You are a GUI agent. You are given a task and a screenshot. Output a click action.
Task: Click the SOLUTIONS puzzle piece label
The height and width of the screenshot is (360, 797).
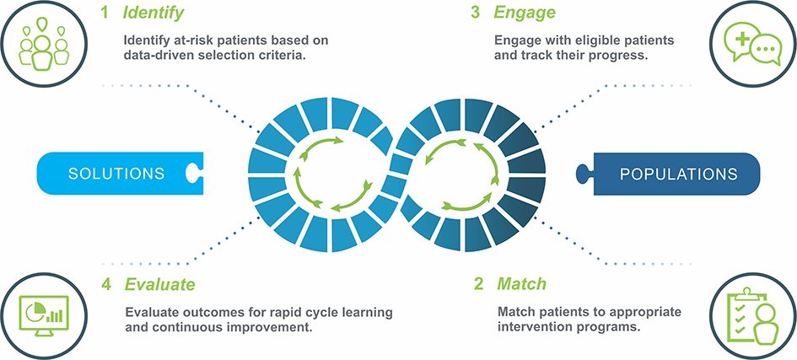pos(116,173)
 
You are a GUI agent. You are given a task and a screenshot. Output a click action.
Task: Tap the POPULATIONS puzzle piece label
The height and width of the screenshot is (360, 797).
pos(679,175)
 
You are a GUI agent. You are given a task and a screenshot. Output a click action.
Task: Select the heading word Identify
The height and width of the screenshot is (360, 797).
pos(153,13)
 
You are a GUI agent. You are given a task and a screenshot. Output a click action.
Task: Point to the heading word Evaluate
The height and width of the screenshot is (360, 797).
pos(159,284)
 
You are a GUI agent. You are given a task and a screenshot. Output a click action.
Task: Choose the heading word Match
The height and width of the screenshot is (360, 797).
pos(521,284)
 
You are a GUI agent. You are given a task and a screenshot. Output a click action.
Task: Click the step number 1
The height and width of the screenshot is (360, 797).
pos(105,13)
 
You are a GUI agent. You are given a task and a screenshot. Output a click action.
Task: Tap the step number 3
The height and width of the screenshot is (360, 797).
pos(476,13)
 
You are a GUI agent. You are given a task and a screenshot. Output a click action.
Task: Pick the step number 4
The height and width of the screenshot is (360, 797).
pos(105,284)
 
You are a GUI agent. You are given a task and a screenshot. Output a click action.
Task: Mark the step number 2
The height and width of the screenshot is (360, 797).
pos(478,284)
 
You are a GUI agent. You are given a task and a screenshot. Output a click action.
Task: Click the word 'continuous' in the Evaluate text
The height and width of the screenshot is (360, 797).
pos(180,326)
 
